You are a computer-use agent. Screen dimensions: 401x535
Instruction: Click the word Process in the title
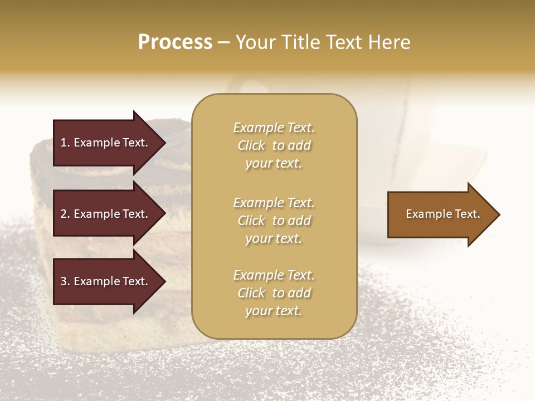pos(175,42)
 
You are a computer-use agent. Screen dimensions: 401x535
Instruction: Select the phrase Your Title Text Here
pos(323,42)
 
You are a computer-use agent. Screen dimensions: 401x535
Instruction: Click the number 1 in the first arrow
pos(64,143)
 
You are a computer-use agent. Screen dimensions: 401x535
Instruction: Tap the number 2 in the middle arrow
pos(64,214)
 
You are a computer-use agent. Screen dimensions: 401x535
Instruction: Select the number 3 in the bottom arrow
pos(64,281)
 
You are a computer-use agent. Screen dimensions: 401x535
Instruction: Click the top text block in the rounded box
pos(274,145)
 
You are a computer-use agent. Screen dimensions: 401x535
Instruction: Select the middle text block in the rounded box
pos(274,221)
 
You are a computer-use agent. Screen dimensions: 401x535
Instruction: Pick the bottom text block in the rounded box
pos(274,293)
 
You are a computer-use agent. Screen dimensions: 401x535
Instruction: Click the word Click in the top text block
pos(251,145)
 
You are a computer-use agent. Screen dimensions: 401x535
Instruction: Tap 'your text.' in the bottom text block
pos(274,311)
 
